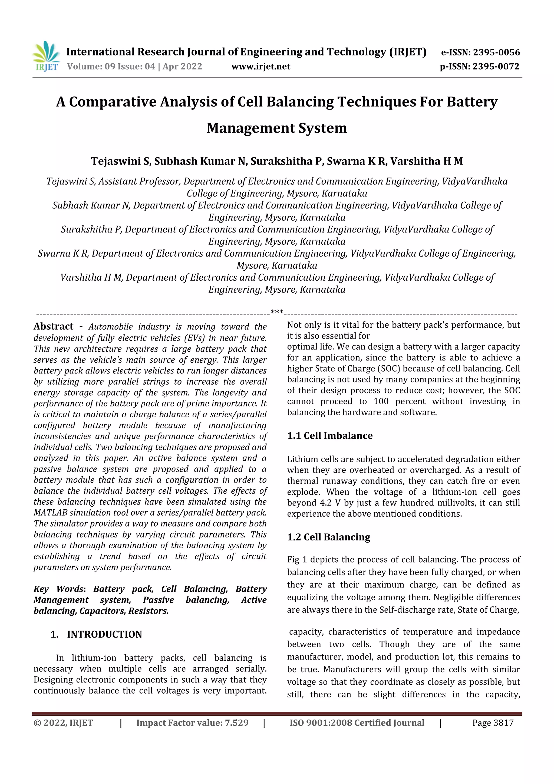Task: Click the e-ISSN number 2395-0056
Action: tap(496, 52)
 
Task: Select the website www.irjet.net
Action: tap(261, 66)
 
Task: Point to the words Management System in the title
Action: tap(277, 128)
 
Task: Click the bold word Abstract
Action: tap(54, 326)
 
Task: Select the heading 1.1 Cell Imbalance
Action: tap(330, 435)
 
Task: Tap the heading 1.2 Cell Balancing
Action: tap(328, 537)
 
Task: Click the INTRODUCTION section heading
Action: tap(104, 634)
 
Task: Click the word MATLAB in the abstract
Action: tap(50, 513)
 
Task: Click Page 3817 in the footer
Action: tap(493, 723)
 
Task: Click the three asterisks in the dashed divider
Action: tap(277, 312)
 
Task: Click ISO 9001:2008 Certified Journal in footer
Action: tap(357, 723)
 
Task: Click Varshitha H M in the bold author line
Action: tap(426, 161)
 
